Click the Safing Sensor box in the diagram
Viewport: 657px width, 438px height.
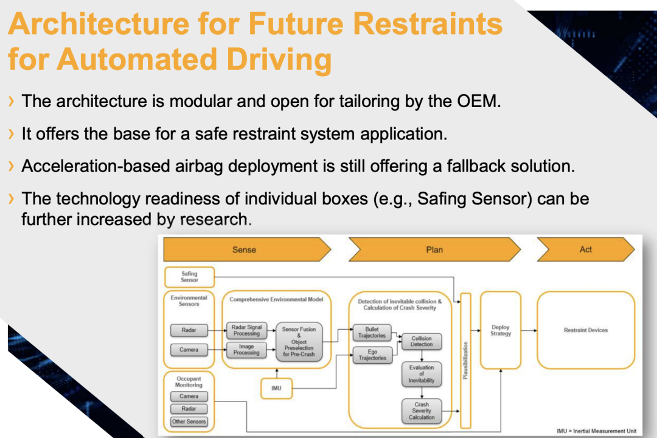tap(189, 277)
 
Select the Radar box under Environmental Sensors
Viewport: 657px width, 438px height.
tap(189, 331)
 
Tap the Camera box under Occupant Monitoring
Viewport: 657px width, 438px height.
tap(189, 396)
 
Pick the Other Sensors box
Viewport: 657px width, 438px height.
tap(189, 422)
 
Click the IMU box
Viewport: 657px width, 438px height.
tap(276, 388)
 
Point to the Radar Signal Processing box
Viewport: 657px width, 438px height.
tap(246, 330)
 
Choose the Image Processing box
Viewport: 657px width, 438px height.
tap(246, 350)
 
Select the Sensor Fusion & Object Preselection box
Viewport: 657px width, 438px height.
tap(299, 341)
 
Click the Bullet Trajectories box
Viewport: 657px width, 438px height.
tap(372, 333)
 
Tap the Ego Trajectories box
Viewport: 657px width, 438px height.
tap(372, 355)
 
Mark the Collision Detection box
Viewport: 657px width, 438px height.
tap(422, 341)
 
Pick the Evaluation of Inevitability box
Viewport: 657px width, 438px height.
tap(422, 374)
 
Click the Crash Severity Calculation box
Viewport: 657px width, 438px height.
tap(422, 411)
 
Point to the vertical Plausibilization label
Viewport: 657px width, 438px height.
tap(465, 360)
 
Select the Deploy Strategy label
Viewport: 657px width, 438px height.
tap(501, 330)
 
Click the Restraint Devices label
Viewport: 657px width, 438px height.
tap(586, 330)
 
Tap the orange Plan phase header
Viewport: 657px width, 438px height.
tap(434, 249)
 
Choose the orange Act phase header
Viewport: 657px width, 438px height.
tap(585, 249)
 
